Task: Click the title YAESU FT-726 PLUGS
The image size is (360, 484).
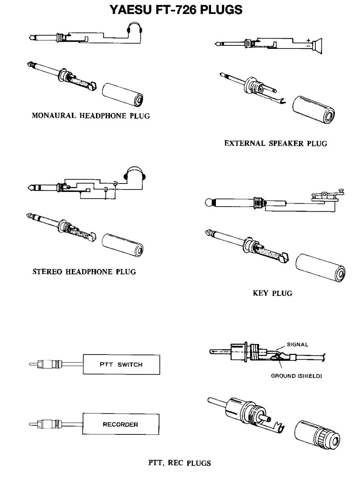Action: [x=176, y=10]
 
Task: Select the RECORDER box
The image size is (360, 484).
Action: [x=121, y=425]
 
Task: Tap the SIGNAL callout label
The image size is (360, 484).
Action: [x=298, y=344]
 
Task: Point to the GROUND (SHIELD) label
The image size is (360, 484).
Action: [x=296, y=376]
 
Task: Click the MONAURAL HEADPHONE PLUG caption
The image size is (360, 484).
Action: [x=91, y=116]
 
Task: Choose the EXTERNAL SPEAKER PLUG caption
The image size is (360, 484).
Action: [x=276, y=143]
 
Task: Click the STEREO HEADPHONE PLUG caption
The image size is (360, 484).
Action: [x=84, y=272]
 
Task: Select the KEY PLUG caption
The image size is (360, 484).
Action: [x=272, y=293]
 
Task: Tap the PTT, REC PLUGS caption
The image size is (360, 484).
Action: [x=180, y=462]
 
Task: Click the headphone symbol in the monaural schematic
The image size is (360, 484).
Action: [x=133, y=29]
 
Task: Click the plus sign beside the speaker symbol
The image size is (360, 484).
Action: [x=309, y=40]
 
